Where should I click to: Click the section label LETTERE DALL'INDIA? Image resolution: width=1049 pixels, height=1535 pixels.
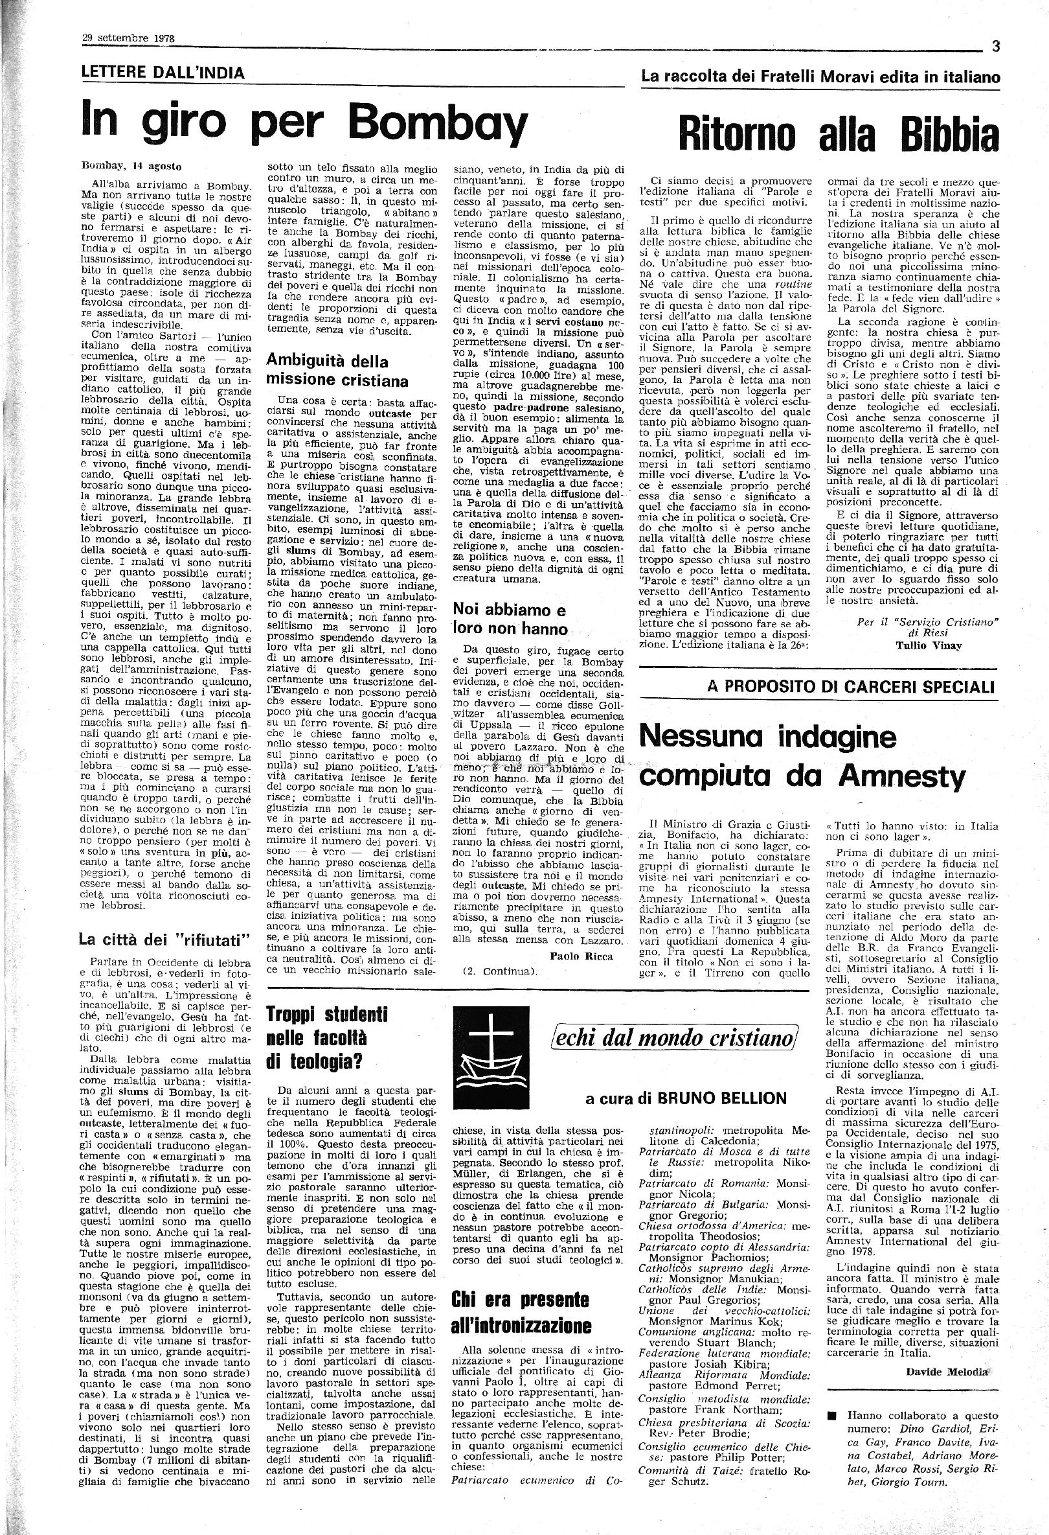(x=163, y=73)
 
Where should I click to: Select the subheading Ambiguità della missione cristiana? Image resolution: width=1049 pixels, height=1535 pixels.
(x=337, y=371)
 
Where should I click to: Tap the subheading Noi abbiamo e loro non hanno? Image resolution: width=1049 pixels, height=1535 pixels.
(x=510, y=617)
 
